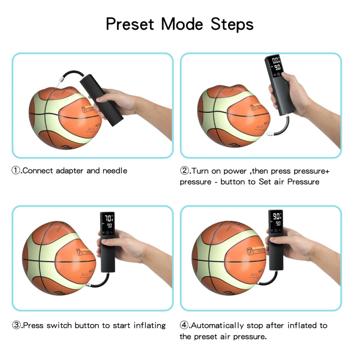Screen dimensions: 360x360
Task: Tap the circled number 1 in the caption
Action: click(x=17, y=170)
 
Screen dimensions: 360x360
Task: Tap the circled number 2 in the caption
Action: click(x=185, y=171)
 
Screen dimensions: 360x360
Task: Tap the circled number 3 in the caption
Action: click(x=17, y=325)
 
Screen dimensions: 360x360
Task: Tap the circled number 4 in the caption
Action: click(x=185, y=325)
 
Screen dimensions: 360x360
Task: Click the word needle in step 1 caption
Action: click(x=115, y=171)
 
